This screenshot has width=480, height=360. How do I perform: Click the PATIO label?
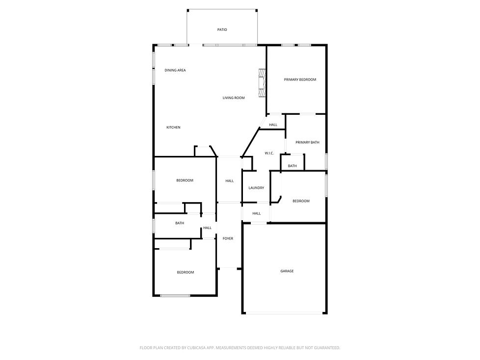(222, 30)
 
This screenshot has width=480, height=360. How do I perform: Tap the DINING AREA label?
(175, 70)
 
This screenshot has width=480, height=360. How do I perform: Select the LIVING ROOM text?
(234, 98)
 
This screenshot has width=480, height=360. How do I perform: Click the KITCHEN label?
(173, 128)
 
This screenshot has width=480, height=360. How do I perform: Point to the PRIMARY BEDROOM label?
(300, 79)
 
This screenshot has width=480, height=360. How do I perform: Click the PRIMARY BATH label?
(307, 142)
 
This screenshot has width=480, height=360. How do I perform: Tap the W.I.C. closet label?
(269, 153)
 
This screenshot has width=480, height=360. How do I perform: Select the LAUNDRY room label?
(256, 188)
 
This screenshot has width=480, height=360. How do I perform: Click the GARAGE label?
(287, 271)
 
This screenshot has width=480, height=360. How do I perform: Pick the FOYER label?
(228, 238)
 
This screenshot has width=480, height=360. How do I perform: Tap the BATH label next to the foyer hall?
(180, 223)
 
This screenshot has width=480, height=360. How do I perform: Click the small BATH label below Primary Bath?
(292, 166)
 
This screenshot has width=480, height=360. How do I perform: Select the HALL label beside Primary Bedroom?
(273, 125)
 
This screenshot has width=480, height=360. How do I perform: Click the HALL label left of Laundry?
(229, 181)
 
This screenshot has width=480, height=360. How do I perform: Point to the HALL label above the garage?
(256, 213)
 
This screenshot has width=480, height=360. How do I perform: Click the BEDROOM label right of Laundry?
(301, 201)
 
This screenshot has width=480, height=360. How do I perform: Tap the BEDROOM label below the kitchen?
(185, 180)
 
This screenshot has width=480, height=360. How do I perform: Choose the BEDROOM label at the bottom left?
(185, 272)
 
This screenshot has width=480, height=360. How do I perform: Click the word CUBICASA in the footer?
(189, 348)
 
